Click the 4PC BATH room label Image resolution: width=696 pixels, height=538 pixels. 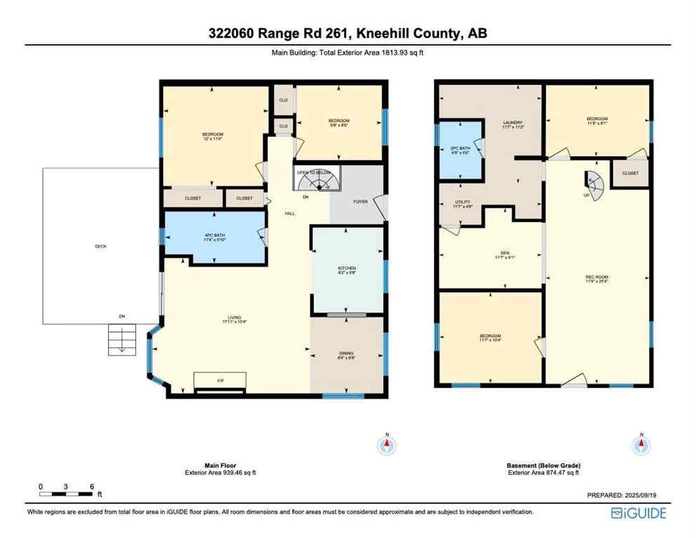pyautogui.click(x=214, y=237)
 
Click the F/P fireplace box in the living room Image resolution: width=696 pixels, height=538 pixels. pyautogui.click(x=220, y=380)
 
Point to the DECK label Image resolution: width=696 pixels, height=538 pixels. pyautogui.click(x=101, y=247)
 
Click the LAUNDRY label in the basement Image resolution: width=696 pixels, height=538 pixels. pyautogui.click(x=513, y=125)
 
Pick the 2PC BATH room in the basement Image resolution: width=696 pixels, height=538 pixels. pyautogui.click(x=460, y=150)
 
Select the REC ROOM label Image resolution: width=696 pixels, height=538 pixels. pyautogui.click(x=596, y=277)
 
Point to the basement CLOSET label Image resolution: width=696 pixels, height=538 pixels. pyautogui.click(x=630, y=173)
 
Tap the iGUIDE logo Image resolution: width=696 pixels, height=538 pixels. pyautogui.click(x=638, y=513)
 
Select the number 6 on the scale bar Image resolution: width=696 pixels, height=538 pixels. pyautogui.click(x=91, y=486)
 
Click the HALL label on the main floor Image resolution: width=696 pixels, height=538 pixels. pyautogui.click(x=289, y=214)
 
